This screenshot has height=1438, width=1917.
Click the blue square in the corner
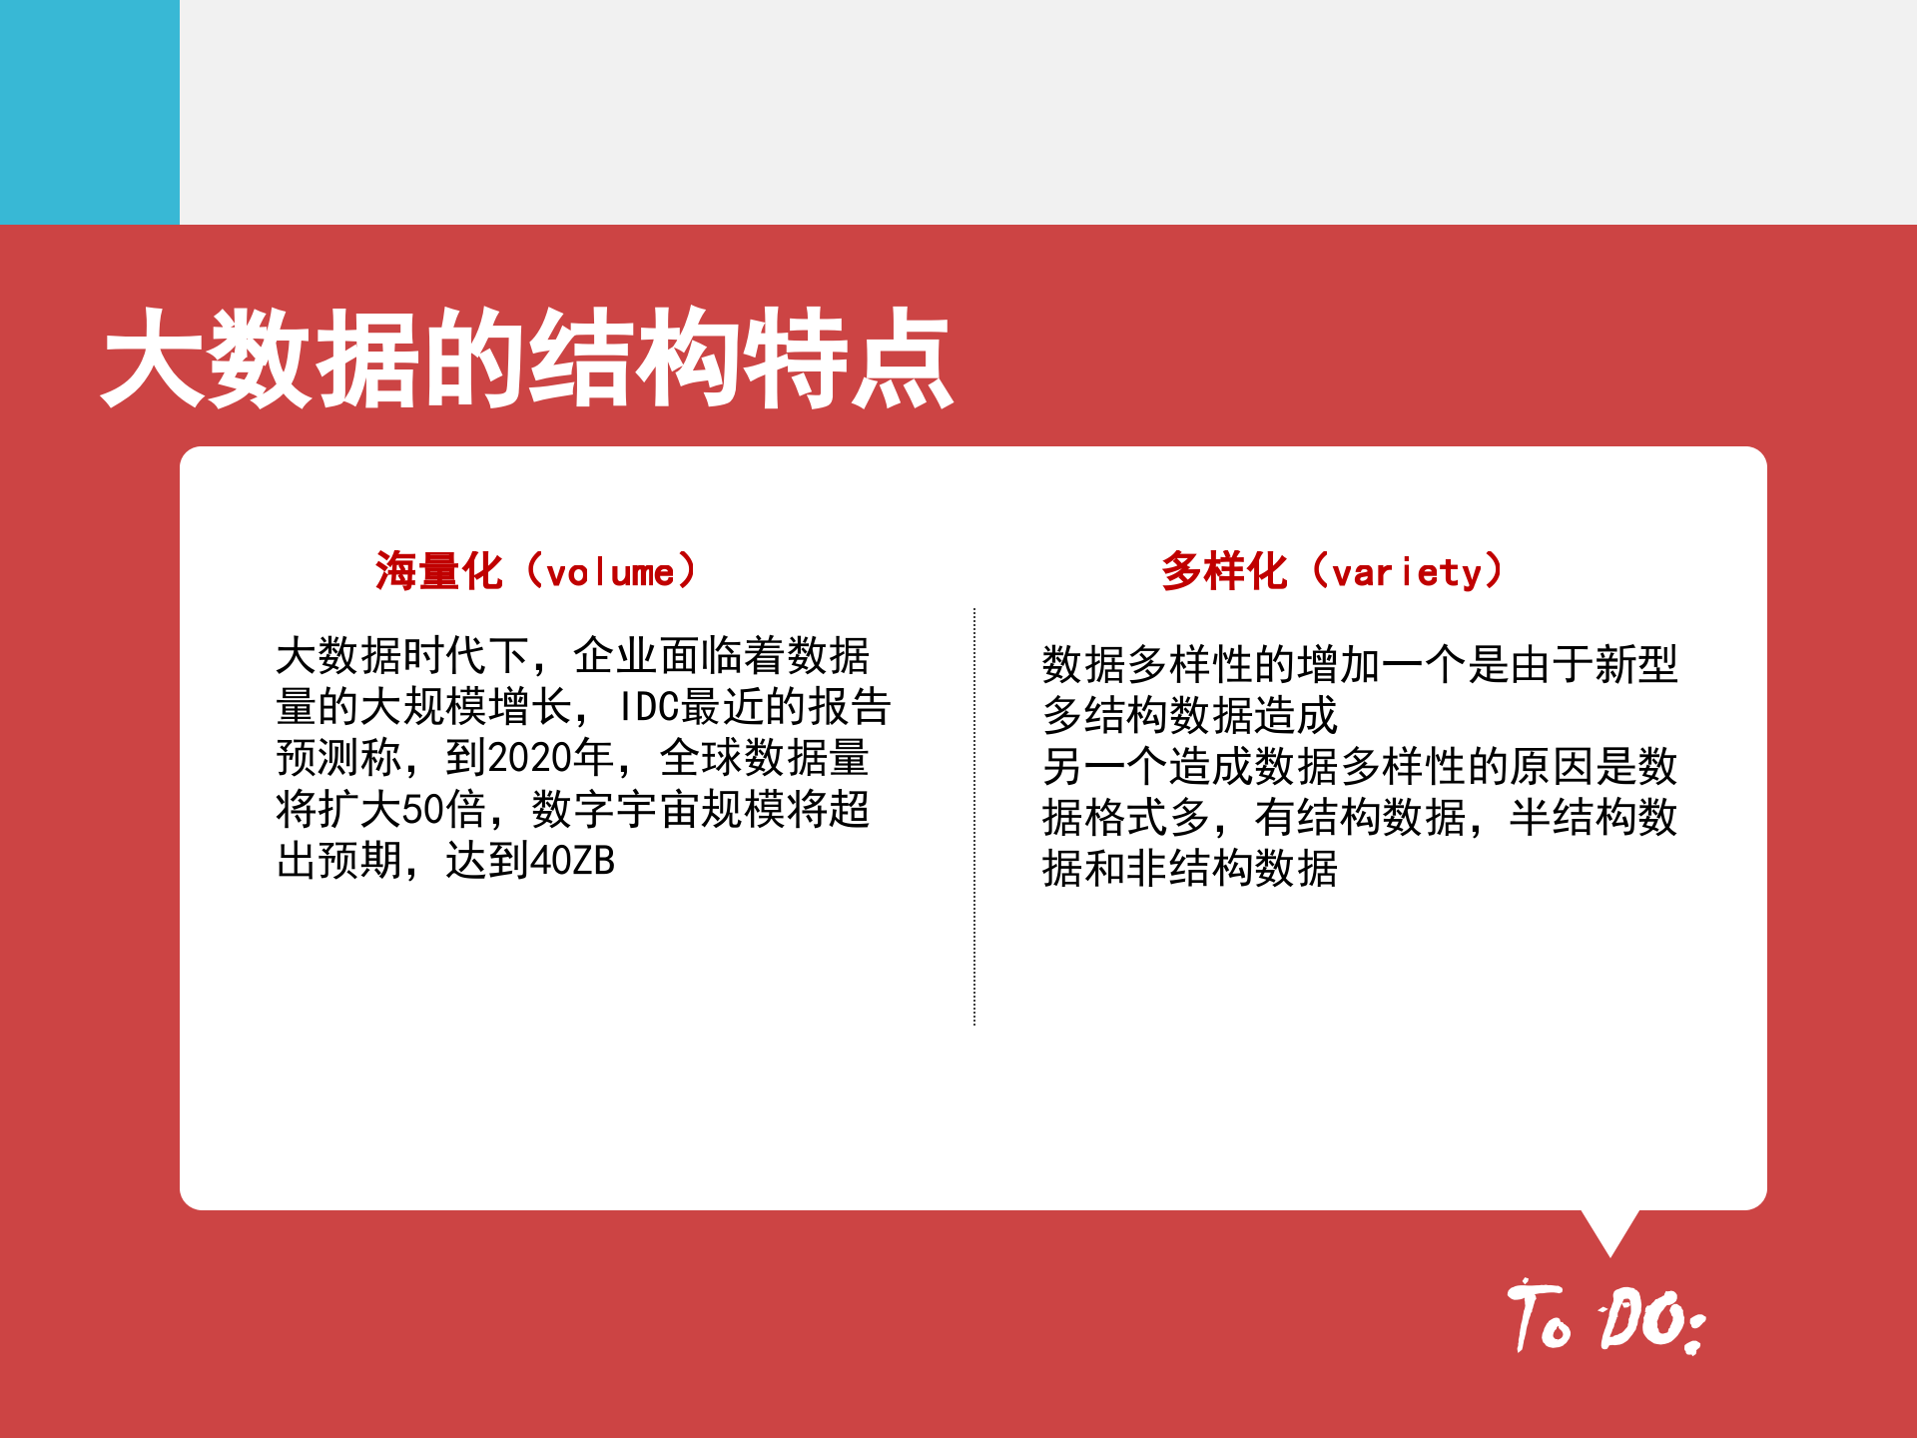90,112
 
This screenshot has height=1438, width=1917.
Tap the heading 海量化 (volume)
535,572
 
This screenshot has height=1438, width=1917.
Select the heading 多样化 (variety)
1332,572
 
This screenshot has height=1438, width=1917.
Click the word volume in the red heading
610,574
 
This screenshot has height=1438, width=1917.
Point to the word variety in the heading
1407,574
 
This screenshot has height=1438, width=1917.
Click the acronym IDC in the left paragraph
649,707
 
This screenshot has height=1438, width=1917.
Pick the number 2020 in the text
529,758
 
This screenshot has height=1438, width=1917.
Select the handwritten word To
1540,1316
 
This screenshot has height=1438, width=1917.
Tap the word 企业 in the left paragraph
615,656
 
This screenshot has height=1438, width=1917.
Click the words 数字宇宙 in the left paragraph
616,810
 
